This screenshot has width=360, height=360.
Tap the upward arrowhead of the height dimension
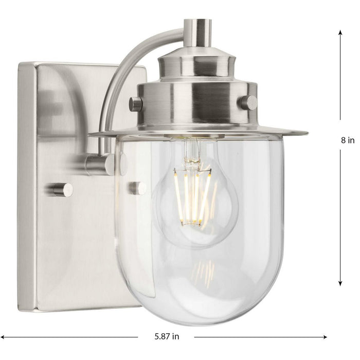pyautogui.click(x=340, y=31)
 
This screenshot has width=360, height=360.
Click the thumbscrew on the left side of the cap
pyautogui.click(x=136, y=103)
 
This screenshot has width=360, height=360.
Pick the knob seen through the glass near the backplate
pyautogui.click(x=137, y=188)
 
